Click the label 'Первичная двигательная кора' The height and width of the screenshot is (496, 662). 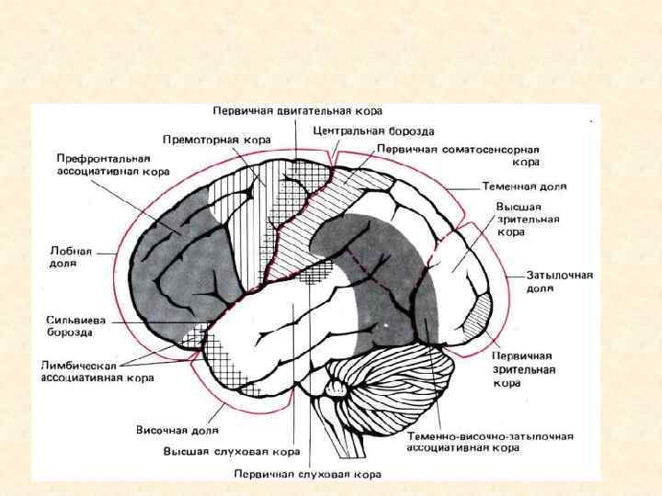[298, 111]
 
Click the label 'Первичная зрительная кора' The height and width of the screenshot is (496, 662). [521, 369]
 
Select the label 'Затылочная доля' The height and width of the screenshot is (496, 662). [559, 281]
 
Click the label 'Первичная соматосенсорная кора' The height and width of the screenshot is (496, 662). [457, 154]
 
